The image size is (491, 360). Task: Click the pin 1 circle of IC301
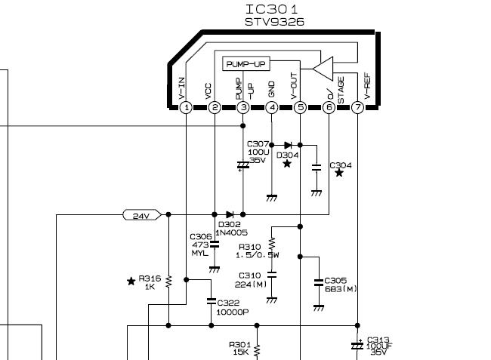pyautogui.click(x=187, y=108)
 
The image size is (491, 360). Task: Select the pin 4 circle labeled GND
pyautogui.click(x=272, y=108)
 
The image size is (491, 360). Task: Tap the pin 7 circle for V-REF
pyautogui.click(x=357, y=108)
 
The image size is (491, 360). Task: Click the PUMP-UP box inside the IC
pyautogui.click(x=246, y=64)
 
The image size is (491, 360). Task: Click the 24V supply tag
pyautogui.click(x=142, y=215)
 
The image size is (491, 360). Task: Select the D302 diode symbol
pyautogui.click(x=230, y=214)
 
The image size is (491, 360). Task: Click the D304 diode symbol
pyautogui.click(x=288, y=145)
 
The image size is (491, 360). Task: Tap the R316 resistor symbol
pyautogui.click(x=168, y=282)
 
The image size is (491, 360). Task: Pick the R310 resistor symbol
pyautogui.click(x=271, y=243)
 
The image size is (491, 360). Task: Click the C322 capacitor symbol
pyautogui.click(x=212, y=301)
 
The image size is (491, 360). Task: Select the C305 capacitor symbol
pyautogui.click(x=319, y=282)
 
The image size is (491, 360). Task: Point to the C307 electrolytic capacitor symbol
pyautogui.click(x=243, y=165)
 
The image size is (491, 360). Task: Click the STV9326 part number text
pyautogui.click(x=274, y=22)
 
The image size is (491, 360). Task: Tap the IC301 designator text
pyautogui.click(x=272, y=9)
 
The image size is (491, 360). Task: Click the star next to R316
pyautogui.click(x=131, y=281)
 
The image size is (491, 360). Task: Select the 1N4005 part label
pyautogui.click(x=231, y=232)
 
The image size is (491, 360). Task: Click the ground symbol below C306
pyautogui.click(x=215, y=269)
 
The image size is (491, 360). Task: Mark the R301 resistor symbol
pyautogui.click(x=257, y=351)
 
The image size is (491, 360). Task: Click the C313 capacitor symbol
pyautogui.click(x=357, y=346)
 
